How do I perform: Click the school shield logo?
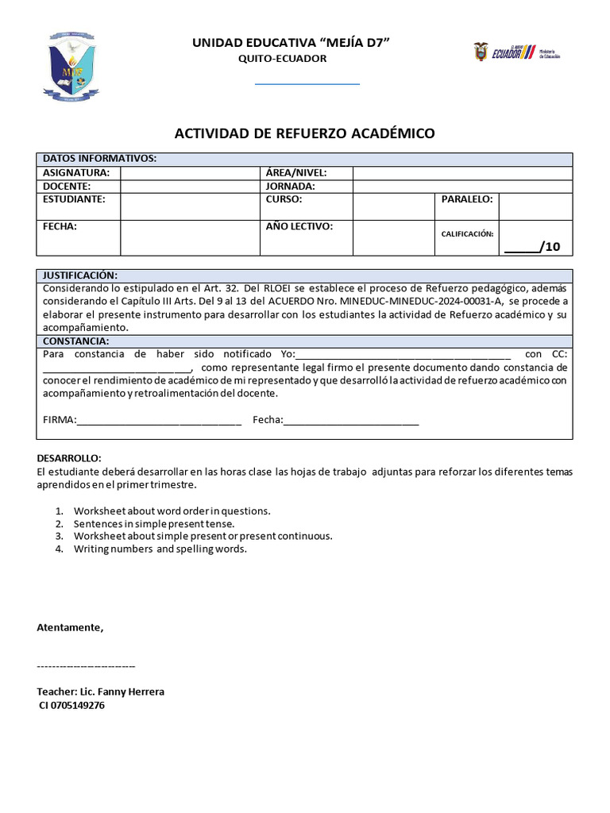click(x=70, y=66)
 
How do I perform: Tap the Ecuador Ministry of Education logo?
click(x=517, y=53)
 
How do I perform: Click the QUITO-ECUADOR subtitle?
click(x=283, y=59)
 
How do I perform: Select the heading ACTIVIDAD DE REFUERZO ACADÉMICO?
click(x=304, y=133)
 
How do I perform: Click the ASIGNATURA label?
click(x=75, y=173)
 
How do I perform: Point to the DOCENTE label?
click(x=67, y=186)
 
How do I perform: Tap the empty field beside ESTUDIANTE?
click(x=190, y=206)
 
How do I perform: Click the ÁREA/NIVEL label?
click(x=296, y=173)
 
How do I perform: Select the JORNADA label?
click(x=291, y=186)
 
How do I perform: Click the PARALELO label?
click(x=467, y=199)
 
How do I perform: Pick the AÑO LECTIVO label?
click(x=299, y=226)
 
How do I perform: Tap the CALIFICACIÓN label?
click(x=467, y=234)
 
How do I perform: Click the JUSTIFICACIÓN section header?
click(x=79, y=275)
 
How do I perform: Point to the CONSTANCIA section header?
click(x=75, y=341)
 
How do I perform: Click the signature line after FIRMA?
click(x=159, y=420)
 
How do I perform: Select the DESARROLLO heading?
click(x=69, y=459)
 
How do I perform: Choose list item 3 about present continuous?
click(x=203, y=536)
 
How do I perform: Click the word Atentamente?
click(x=70, y=627)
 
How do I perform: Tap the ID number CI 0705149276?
click(x=71, y=705)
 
